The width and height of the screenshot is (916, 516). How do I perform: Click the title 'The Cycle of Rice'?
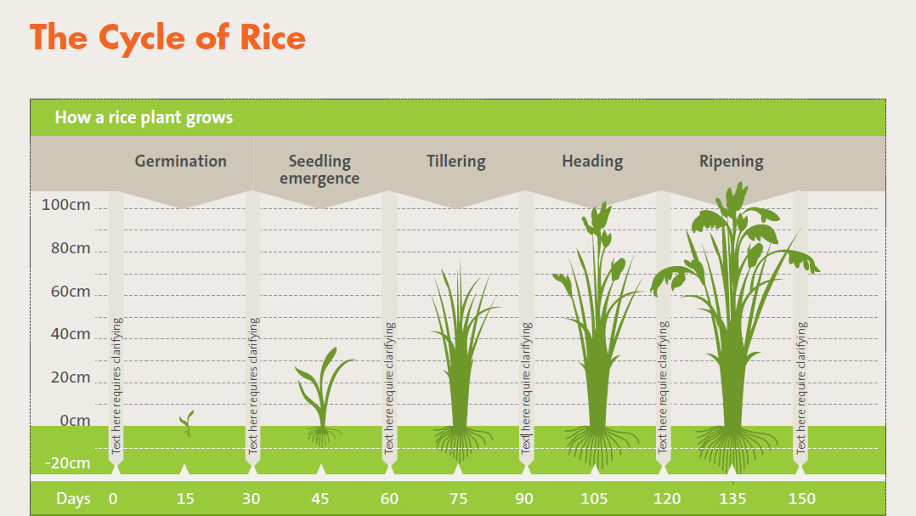click(167, 38)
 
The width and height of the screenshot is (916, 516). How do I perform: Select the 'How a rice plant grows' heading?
click(144, 117)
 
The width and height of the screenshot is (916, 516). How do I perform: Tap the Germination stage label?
click(180, 162)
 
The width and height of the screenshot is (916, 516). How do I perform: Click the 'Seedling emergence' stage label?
click(319, 169)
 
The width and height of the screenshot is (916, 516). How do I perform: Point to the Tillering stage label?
click(456, 162)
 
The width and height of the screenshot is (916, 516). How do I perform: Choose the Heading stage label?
click(592, 162)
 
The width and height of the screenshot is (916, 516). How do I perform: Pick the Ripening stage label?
click(732, 162)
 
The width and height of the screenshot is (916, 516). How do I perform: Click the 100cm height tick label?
click(66, 205)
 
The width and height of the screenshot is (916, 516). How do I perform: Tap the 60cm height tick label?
click(71, 291)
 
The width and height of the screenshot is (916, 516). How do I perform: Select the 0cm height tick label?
click(75, 420)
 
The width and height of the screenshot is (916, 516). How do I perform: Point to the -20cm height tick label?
click(68, 463)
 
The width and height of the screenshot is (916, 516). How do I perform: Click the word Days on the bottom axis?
click(73, 499)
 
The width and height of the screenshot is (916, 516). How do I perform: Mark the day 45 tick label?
click(320, 499)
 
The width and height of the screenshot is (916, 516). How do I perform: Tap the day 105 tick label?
click(594, 499)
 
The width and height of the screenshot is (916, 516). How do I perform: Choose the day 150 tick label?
click(801, 499)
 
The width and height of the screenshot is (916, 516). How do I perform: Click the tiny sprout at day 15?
click(187, 422)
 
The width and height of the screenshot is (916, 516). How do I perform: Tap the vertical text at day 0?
click(116, 386)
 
